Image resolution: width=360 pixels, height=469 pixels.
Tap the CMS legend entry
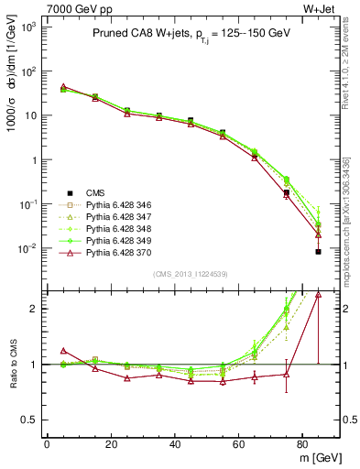96,191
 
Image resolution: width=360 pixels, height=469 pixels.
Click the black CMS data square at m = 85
319,251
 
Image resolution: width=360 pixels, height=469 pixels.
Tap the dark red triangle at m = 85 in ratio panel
319,294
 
